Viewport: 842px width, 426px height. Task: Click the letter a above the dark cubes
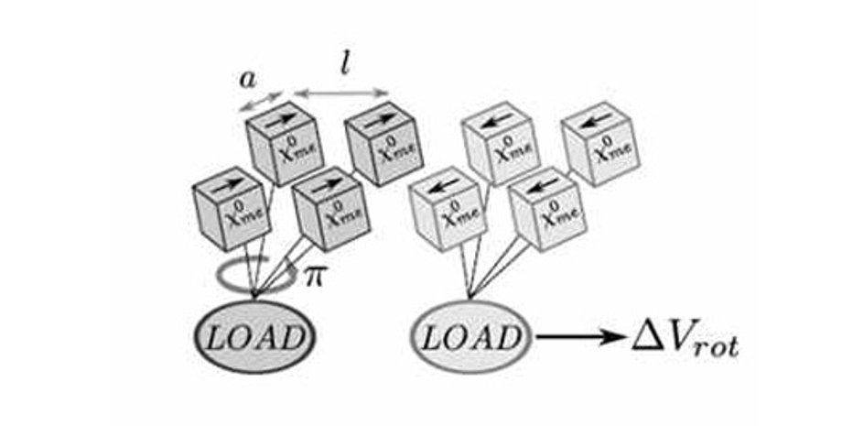tap(247, 79)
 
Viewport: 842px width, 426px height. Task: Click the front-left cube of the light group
tap(445, 213)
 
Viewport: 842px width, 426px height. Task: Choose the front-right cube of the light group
tap(544, 210)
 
